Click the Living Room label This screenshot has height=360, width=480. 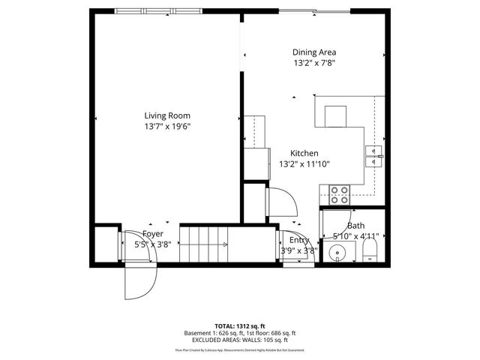point(167,115)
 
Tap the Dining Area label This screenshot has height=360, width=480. point(313,52)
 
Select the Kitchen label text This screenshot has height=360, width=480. point(304,153)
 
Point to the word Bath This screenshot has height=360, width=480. point(355,226)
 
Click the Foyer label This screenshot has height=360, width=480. point(153,233)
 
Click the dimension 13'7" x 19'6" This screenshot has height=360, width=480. point(167,127)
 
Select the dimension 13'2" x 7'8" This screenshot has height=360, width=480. point(313,64)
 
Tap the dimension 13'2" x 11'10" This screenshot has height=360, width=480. point(304,164)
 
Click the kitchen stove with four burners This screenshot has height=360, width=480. point(340,195)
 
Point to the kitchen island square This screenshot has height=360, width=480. point(335,117)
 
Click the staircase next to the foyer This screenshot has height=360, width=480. point(204,244)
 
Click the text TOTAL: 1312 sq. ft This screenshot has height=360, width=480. point(240,326)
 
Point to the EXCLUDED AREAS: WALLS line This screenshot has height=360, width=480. point(240,340)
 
